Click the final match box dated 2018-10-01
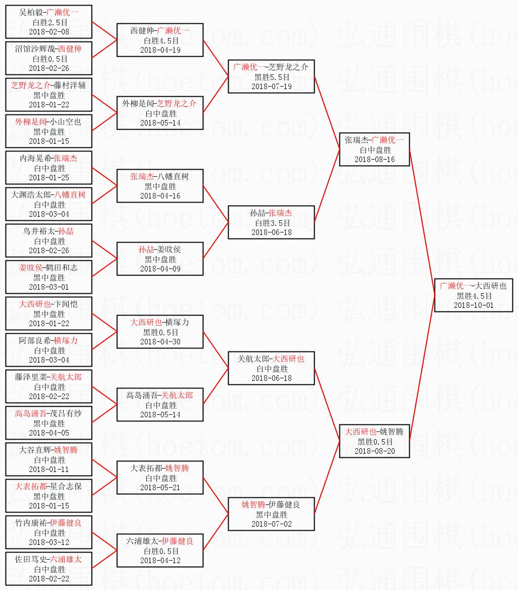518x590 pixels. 476,295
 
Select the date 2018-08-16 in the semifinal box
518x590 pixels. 374,160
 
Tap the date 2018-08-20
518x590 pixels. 374,451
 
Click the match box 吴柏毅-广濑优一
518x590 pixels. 49,22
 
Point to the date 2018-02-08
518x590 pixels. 49,32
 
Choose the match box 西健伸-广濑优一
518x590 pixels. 160,40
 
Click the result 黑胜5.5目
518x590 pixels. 272,77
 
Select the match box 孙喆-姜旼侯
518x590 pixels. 160,259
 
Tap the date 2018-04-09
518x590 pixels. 160,269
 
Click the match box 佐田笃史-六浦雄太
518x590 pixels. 49,569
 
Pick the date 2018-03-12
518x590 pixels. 49,542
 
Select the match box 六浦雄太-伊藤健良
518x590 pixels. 160,550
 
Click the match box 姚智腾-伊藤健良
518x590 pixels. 271,514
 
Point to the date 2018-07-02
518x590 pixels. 271,524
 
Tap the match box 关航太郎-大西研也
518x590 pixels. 271,368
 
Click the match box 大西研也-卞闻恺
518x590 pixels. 49,313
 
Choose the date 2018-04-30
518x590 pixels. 160,342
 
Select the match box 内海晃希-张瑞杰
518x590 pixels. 49,168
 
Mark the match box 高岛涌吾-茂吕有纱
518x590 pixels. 49,423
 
